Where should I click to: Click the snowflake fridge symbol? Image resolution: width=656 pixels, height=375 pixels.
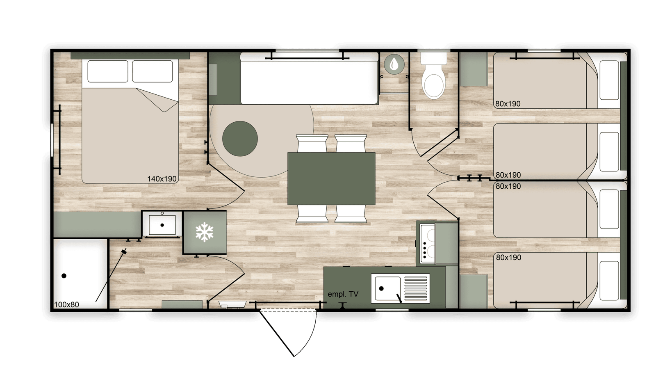[x=205, y=232]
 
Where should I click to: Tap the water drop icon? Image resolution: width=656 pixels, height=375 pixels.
[x=394, y=64]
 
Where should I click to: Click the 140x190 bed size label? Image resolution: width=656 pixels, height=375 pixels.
[x=162, y=179]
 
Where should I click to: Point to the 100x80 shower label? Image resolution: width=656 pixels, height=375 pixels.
[x=66, y=305]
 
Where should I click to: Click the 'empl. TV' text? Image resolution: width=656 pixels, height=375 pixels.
[x=343, y=294]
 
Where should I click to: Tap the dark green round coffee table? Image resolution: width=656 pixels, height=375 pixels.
[x=240, y=139]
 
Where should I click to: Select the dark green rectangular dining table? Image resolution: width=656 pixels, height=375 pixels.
[x=331, y=179]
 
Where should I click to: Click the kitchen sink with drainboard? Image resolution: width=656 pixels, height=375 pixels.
[x=400, y=288]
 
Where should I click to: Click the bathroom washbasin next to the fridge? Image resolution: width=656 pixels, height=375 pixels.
[x=162, y=225]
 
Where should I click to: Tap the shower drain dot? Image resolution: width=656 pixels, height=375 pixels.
[x=64, y=276]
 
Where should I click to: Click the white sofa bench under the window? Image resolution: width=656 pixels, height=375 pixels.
[x=309, y=78]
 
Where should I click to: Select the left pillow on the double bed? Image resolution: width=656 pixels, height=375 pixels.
[x=108, y=71]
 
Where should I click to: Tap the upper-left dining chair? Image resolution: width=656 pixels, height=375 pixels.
[x=312, y=143]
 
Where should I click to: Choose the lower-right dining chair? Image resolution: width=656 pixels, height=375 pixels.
[x=351, y=214]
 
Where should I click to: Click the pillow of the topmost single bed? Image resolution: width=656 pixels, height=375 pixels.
[x=609, y=80]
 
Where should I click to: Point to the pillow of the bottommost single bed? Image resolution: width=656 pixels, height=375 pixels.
[x=609, y=281]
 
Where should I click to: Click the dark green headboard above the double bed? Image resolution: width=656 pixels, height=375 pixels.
[x=130, y=56]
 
